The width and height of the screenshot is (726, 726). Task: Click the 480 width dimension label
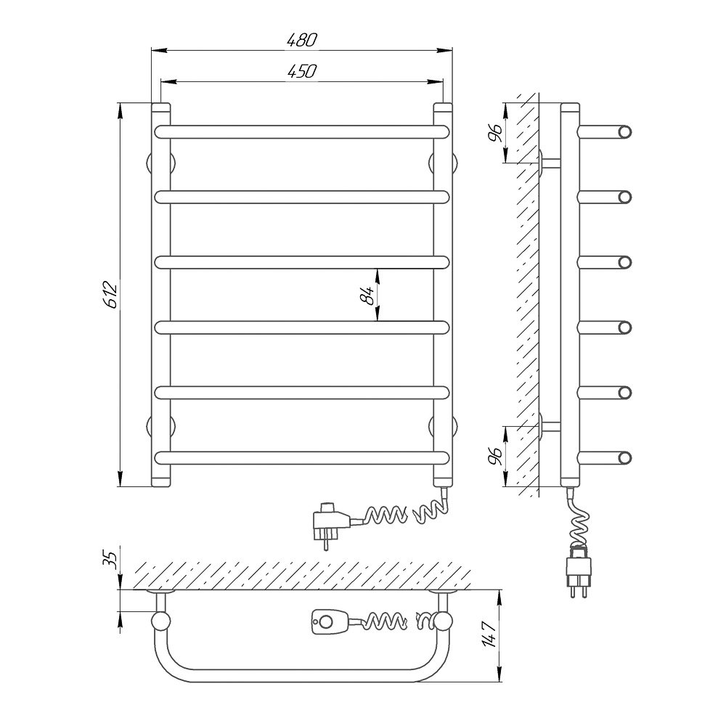click(x=301, y=40)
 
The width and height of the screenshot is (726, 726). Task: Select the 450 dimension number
click(x=301, y=71)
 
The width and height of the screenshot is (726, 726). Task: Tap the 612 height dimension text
click(x=112, y=295)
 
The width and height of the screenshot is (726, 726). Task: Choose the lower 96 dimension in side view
click(x=496, y=456)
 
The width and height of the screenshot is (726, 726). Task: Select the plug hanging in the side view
click(x=579, y=572)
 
